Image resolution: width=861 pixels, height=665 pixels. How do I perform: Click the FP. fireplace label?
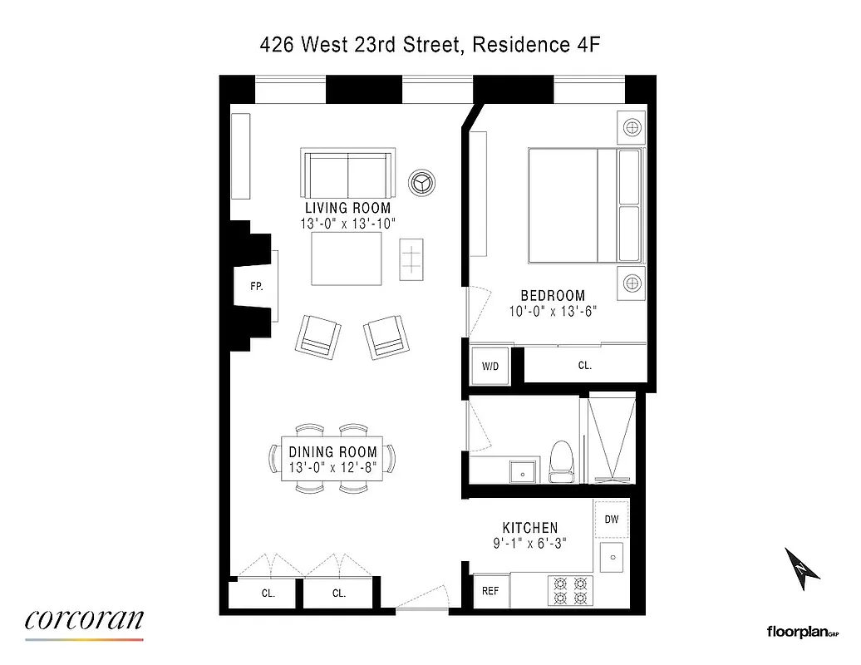tap(257, 287)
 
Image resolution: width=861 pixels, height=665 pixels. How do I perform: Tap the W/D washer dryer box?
tap(489, 366)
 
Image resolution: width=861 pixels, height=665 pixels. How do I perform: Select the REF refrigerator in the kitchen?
tap(490, 591)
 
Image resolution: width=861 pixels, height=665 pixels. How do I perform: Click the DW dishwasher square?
tap(612, 520)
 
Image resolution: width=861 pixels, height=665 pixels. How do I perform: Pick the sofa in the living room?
tap(347, 172)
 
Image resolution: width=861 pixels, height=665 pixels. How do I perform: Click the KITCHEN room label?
tap(529, 528)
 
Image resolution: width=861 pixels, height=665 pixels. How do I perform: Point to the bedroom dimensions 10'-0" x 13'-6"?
tap(553, 312)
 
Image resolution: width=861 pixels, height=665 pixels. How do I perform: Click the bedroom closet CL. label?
tap(585, 365)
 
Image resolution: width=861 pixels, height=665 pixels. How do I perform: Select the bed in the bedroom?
tap(585, 205)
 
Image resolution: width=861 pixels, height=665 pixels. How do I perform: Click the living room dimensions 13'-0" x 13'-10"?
tap(347, 224)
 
